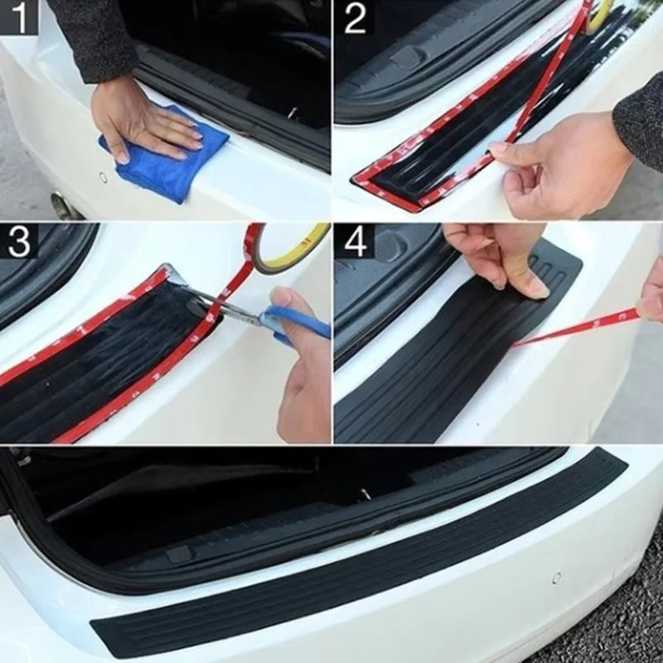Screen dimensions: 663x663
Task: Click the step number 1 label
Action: pos(18,17)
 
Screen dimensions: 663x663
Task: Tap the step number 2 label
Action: pos(355,17)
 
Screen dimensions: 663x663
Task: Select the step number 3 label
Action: pos(18,240)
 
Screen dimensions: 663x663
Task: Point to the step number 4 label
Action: pos(355,240)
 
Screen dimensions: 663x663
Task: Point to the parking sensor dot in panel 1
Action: pos(104,177)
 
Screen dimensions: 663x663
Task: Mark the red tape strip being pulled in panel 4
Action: pos(580,327)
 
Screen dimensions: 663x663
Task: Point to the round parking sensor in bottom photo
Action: pos(556,578)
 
